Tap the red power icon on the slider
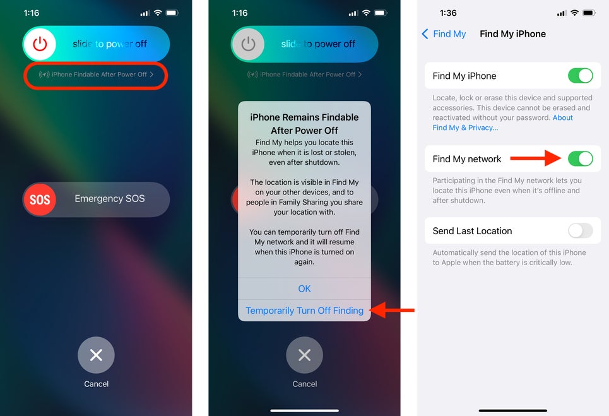coord(40,44)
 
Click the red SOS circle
coord(40,199)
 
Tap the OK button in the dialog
coord(304,288)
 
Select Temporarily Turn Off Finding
coord(304,311)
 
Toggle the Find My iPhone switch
coord(580,76)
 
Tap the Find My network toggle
coord(580,158)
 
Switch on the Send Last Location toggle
coord(580,230)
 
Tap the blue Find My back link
coord(444,34)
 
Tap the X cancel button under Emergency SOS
coord(96,355)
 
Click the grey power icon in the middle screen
coord(248,44)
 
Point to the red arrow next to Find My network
coord(536,158)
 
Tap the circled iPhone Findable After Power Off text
coord(96,74)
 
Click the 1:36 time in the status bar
coord(448,13)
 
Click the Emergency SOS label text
coord(110,198)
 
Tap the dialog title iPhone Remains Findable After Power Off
coord(304,124)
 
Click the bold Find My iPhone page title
coord(512,34)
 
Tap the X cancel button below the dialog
coord(304,355)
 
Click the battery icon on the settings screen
coord(589,13)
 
